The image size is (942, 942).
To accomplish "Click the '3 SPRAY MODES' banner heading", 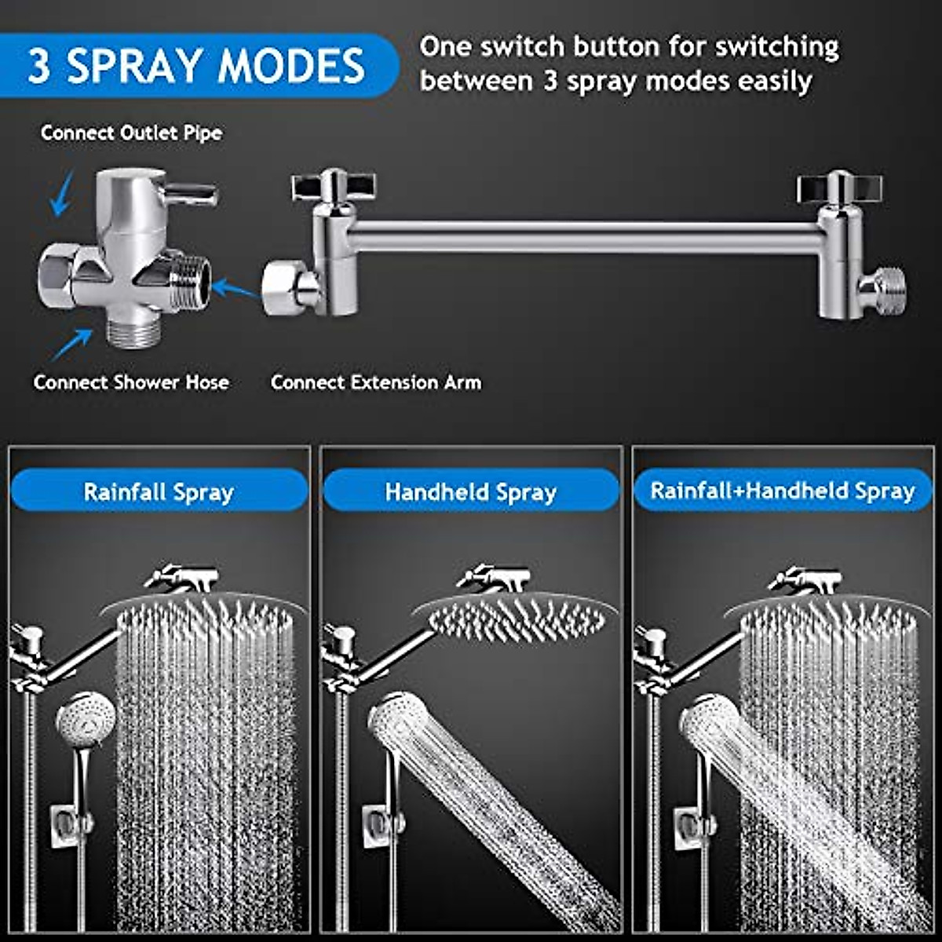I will coord(196,66).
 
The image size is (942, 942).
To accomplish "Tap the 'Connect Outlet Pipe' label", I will coord(131,133).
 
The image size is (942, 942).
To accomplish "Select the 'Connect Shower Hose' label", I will coord(131,382).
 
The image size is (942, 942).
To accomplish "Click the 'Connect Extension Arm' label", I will coord(375,382).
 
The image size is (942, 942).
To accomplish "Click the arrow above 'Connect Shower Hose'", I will coord(71,344).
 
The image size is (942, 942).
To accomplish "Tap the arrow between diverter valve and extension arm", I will coord(235,290).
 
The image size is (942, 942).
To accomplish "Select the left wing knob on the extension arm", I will coord(333,187).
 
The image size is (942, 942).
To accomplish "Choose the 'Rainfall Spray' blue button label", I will coord(159,492).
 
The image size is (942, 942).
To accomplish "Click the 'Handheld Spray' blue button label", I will coord(470,492).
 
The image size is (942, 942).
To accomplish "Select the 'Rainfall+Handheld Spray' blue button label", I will coord(783,491).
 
